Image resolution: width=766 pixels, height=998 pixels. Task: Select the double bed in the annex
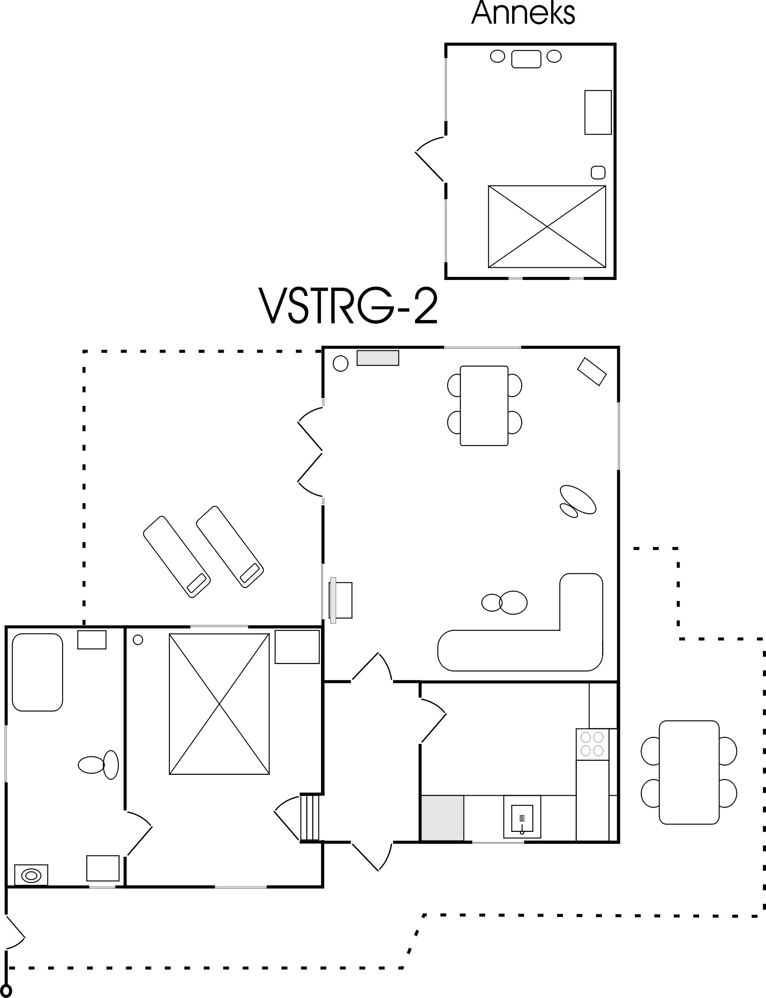coord(547,226)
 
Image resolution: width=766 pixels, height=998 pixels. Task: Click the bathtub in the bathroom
coord(37,672)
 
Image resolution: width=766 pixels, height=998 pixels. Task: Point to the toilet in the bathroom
coord(98,764)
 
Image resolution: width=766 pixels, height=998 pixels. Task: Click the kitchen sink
coord(522,819)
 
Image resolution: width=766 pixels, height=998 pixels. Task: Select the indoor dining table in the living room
coord(484,405)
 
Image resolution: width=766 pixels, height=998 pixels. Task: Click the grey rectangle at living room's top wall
coord(378,358)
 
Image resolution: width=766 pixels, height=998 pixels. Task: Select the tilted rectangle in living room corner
coord(592,372)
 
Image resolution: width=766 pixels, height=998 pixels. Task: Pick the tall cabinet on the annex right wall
coord(598,112)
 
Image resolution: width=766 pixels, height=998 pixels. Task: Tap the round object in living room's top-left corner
coord(341,363)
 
